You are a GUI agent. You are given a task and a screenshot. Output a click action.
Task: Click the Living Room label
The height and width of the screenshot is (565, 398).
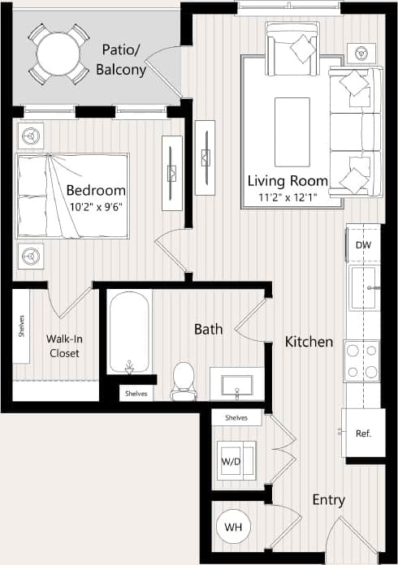[288, 180]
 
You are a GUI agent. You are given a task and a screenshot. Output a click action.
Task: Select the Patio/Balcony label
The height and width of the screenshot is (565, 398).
[121, 59]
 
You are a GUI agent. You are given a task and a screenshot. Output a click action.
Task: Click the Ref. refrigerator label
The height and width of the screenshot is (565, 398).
[363, 433]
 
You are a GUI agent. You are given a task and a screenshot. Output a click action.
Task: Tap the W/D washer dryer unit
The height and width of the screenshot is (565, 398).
[232, 462]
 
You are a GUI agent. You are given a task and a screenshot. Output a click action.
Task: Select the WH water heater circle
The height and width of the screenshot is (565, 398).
[234, 527]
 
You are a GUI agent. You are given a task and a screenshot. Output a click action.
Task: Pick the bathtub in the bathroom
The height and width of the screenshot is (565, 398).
[129, 331]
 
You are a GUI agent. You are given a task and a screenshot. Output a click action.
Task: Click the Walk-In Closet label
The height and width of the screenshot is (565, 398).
[64, 347]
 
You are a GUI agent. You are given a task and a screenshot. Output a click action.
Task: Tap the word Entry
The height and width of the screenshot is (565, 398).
[328, 500]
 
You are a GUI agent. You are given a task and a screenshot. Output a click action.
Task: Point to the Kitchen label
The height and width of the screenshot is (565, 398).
[309, 342]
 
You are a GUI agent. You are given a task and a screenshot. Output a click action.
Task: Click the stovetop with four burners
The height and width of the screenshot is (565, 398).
[361, 360]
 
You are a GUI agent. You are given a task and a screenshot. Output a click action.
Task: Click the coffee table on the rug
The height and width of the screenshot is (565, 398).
[292, 120]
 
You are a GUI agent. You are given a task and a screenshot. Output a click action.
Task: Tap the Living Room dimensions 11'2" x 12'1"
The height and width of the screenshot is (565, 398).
[288, 196]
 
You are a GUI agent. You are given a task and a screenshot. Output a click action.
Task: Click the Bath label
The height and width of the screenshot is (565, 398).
[208, 329]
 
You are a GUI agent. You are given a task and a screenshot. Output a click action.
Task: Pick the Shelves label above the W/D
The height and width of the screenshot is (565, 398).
[236, 417]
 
